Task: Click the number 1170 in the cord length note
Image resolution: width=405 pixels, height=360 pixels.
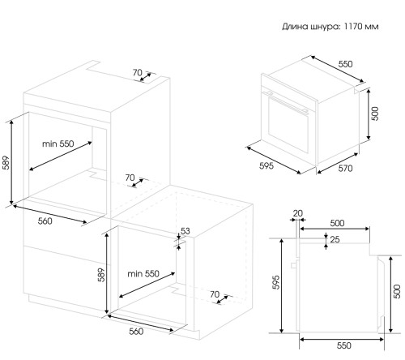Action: (x=354, y=27)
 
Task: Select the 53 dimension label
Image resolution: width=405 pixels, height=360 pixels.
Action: (x=185, y=231)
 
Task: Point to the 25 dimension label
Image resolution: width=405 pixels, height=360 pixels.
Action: (x=335, y=239)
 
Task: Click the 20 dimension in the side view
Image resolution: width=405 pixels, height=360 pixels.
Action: (x=298, y=213)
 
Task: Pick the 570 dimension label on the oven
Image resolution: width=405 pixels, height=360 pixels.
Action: (x=345, y=169)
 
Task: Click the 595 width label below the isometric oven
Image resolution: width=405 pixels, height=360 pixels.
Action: (x=266, y=165)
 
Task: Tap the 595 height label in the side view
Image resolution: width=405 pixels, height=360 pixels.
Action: (x=276, y=282)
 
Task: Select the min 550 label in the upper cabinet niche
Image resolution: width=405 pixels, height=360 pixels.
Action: (x=58, y=144)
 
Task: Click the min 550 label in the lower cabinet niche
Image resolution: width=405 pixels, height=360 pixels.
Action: (x=143, y=274)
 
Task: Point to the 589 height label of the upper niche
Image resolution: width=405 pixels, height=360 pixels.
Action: (x=6, y=162)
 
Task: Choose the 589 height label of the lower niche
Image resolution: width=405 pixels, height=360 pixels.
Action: (x=101, y=275)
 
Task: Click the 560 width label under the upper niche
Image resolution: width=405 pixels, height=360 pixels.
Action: (x=45, y=221)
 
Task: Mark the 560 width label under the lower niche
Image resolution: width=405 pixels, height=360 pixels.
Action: (x=136, y=332)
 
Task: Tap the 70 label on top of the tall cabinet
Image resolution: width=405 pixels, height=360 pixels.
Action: (x=137, y=72)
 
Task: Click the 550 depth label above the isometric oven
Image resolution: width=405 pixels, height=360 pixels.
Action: (x=345, y=64)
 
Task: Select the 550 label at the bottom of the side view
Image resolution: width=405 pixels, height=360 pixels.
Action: (x=344, y=345)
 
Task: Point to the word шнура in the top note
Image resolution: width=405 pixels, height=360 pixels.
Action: (x=326, y=27)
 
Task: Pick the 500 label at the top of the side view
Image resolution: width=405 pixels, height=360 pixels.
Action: (x=337, y=223)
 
